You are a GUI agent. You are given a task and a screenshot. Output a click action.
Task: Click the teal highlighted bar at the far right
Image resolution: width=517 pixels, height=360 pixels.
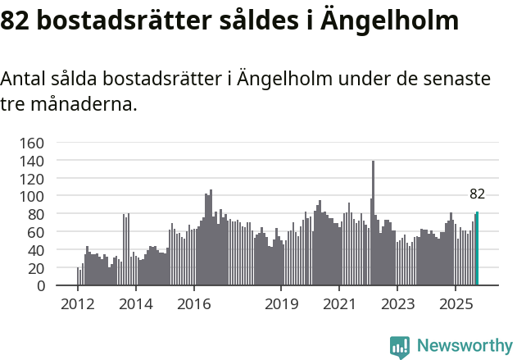click(477, 249)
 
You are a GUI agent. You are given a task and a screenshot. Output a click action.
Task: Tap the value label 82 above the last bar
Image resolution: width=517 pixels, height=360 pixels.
click(477, 194)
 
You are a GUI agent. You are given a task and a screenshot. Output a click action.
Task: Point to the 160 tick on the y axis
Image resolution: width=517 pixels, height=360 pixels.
click(31, 143)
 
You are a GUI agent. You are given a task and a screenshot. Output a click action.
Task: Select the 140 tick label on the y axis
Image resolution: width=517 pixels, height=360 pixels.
click(31, 161)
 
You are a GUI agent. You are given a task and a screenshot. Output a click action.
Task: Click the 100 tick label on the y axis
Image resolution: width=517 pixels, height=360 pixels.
click(31, 196)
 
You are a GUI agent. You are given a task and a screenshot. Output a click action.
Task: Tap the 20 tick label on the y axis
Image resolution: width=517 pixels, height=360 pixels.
click(34, 268)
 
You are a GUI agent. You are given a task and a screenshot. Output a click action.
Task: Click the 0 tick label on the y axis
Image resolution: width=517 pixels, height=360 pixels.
click(39, 286)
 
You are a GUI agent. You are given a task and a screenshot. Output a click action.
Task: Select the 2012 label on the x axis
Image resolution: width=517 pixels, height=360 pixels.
click(78, 305)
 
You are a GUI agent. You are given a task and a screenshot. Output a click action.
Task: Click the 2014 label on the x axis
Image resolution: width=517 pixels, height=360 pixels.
click(136, 305)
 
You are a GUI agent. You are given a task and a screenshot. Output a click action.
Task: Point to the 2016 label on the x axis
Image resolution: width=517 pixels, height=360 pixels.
click(193, 305)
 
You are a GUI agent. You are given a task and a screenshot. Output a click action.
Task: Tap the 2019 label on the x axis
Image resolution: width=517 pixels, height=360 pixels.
click(280, 305)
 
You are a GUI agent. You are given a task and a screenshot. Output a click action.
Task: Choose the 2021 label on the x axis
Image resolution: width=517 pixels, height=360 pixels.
click(338, 305)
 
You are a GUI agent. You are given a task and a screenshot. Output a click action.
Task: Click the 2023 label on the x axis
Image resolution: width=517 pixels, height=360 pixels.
click(397, 305)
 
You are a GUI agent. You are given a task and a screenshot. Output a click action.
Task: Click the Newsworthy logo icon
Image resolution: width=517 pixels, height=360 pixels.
click(400, 347)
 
